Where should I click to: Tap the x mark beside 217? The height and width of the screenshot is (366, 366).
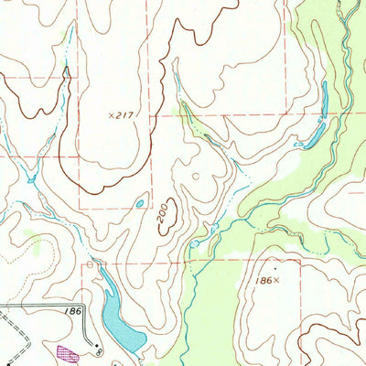coord(110,116)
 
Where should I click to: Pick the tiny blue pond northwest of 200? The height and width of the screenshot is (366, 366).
coord(140,203)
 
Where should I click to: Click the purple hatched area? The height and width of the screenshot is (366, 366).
coord(65,351)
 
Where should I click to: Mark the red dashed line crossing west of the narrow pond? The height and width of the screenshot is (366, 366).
coord(284,115)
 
